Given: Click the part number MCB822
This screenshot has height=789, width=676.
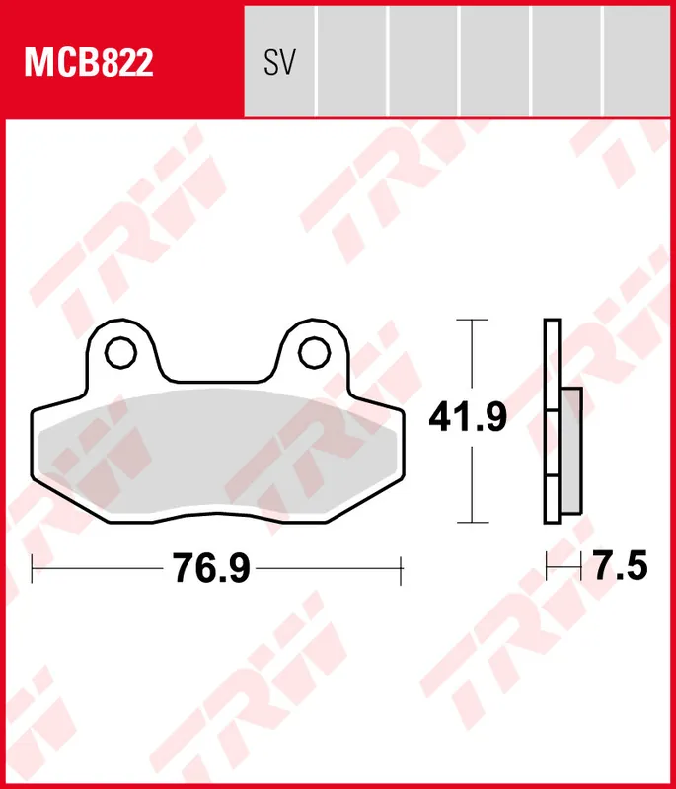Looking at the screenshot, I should [89, 63].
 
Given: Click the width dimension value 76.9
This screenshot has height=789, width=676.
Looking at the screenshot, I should [212, 569].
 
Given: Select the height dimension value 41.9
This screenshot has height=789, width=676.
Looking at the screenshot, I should [468, 419].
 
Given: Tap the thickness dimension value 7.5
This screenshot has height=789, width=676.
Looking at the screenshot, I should [619, 568].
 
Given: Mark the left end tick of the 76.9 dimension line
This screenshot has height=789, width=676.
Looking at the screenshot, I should [33, 569].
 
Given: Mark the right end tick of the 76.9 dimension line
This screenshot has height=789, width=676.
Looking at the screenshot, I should [401, 569].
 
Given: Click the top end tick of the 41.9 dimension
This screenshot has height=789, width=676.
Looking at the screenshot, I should [475, 321].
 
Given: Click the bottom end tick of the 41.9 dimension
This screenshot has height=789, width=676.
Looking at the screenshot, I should [475, 523].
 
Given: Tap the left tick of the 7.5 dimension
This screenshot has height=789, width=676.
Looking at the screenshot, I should [547, 568].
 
